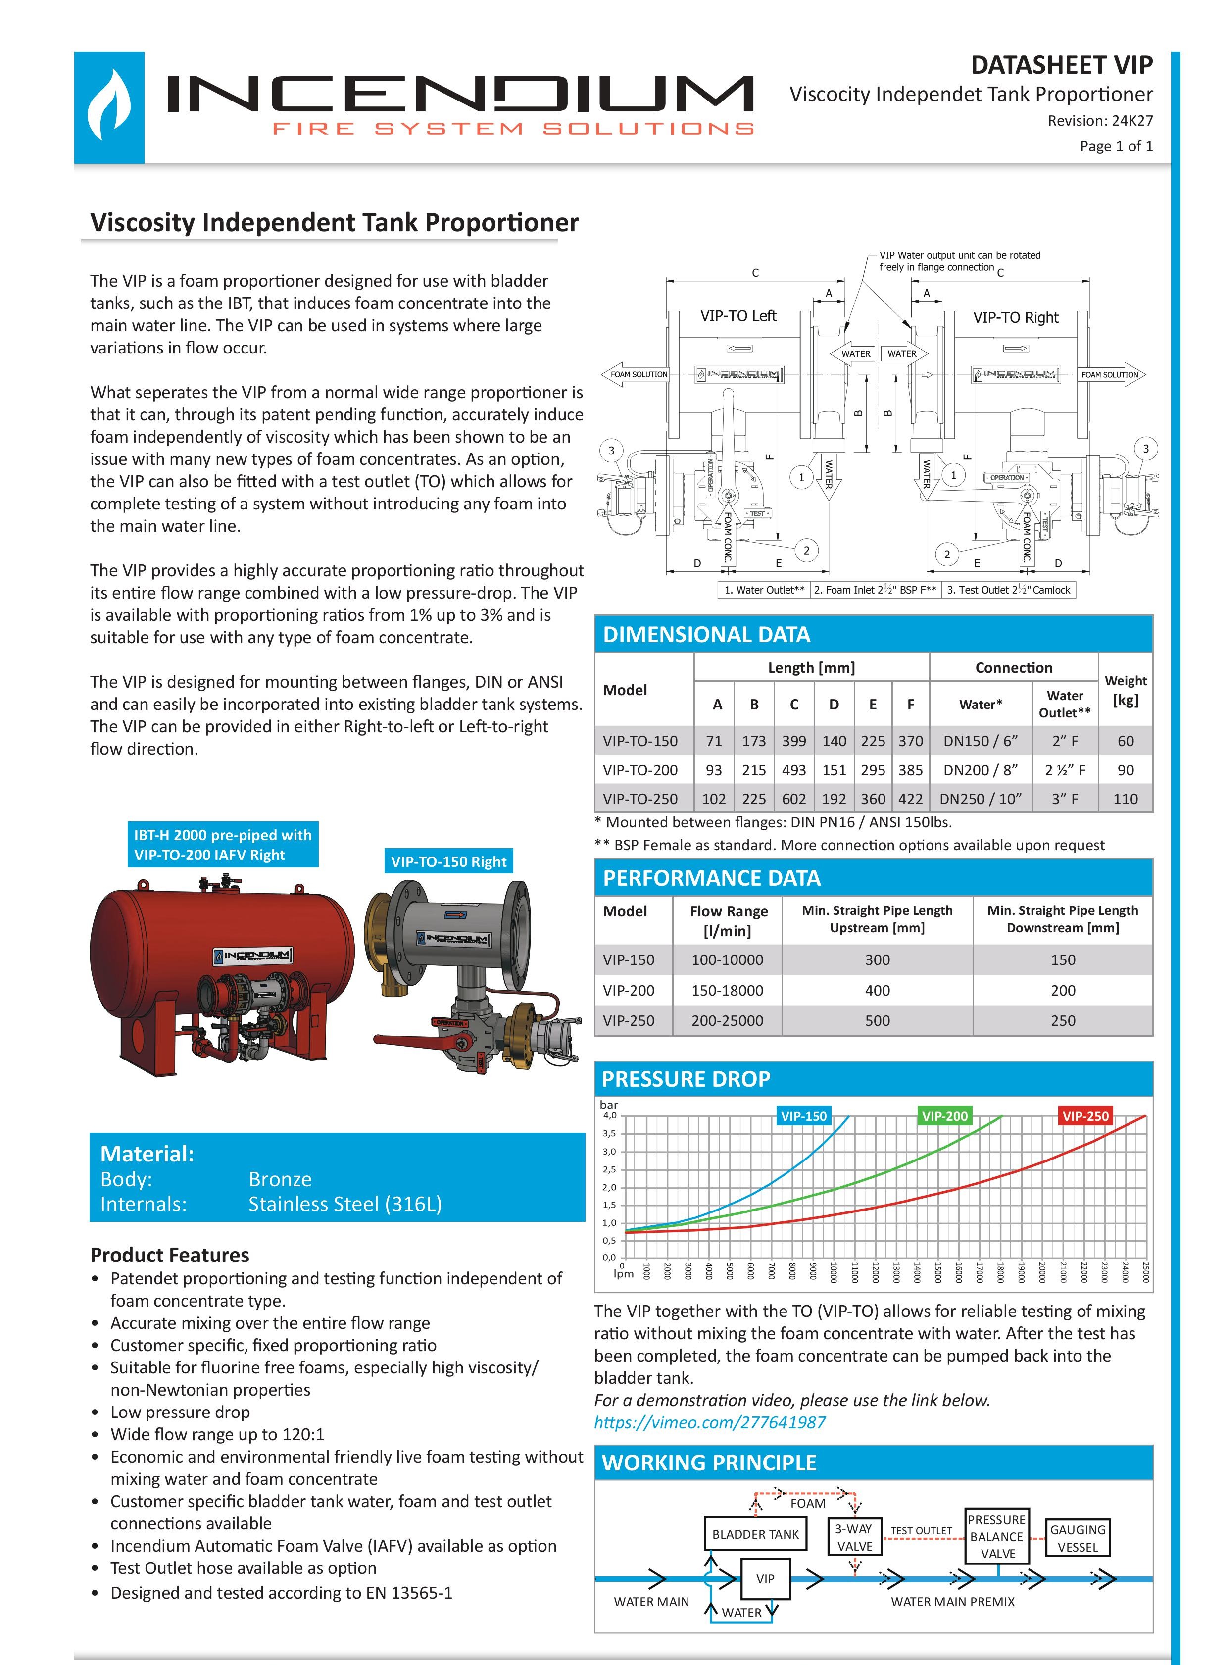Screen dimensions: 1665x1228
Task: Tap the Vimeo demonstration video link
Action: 709,1422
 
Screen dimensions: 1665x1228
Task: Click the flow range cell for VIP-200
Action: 727,990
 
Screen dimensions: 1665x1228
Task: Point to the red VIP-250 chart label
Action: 1084,1115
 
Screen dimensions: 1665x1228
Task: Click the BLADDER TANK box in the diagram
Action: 755,1533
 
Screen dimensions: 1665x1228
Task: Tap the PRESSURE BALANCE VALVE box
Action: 997,1536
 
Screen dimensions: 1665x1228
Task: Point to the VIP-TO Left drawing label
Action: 737,316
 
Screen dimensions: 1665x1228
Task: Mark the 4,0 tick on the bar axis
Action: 609,1115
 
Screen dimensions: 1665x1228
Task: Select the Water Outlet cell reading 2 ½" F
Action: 1065,770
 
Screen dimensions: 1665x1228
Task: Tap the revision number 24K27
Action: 1132,120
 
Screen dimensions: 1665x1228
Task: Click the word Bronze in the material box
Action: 280,1179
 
